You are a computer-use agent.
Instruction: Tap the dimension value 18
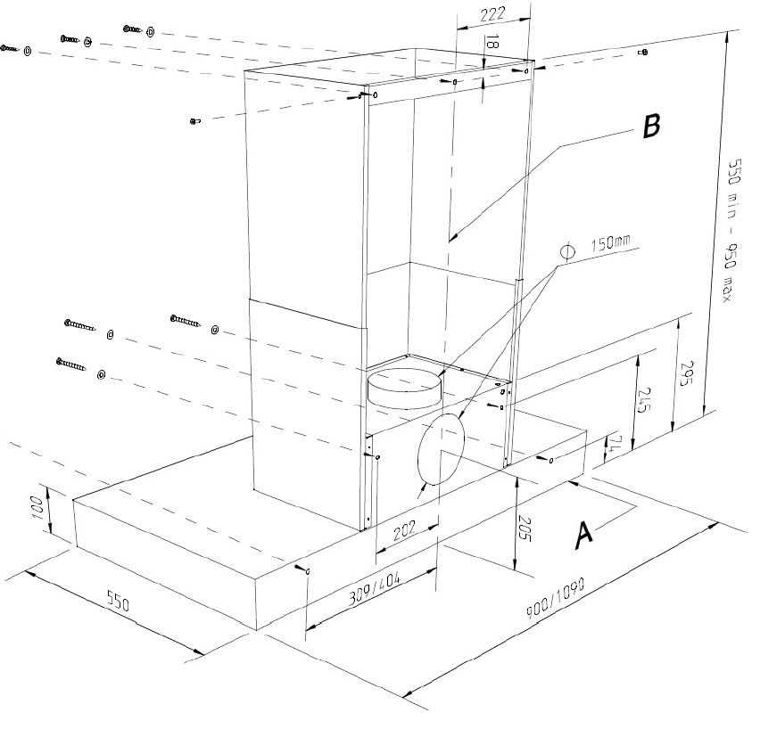click(493, 44)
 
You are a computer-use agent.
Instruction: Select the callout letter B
click(651, 127)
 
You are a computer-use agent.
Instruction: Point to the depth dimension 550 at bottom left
click(116, 602)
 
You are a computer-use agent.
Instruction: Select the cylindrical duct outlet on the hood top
click(405, 387)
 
